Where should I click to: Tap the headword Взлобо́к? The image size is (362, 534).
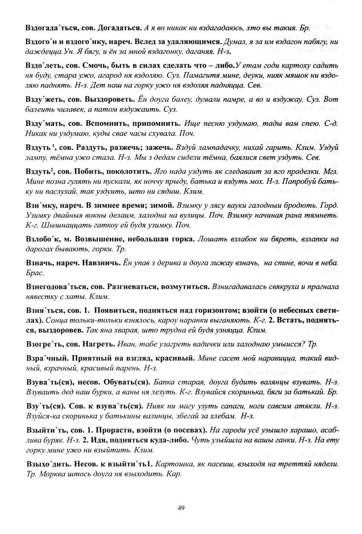(41, 239)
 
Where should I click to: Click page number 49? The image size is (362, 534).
(181, 508)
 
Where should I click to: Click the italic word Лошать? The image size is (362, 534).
(211, 239)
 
